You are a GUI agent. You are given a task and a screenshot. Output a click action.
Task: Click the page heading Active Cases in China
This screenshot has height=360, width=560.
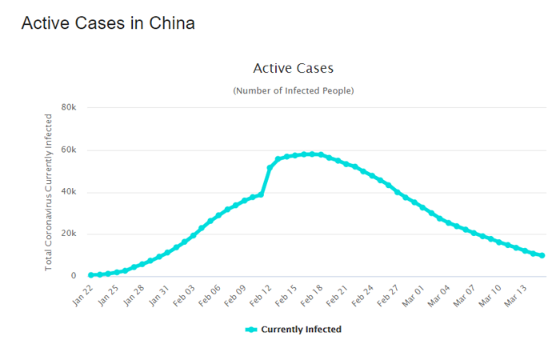108,23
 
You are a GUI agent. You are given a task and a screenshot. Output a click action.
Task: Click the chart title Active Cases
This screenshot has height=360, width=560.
293,69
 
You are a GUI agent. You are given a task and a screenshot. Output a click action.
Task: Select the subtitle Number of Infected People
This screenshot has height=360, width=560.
293,90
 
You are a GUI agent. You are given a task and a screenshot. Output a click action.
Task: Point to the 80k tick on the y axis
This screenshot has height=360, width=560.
68,107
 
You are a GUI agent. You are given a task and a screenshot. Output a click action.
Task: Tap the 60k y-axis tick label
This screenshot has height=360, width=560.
68,150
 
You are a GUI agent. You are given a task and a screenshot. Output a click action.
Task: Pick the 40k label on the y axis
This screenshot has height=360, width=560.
68,192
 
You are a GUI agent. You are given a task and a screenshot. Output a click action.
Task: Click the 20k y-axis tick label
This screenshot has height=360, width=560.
68,234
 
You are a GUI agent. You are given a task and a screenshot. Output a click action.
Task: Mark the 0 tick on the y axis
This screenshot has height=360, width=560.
73,277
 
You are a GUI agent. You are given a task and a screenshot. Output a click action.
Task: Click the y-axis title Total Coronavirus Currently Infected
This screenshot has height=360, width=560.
49,192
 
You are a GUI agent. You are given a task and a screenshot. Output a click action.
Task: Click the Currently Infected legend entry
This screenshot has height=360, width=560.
294,330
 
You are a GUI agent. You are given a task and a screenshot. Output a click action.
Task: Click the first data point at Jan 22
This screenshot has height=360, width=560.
91,275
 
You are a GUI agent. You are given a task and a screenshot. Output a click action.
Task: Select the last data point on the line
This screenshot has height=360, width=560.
542,255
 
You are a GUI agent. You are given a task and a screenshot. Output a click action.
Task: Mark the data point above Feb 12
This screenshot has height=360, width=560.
270,168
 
